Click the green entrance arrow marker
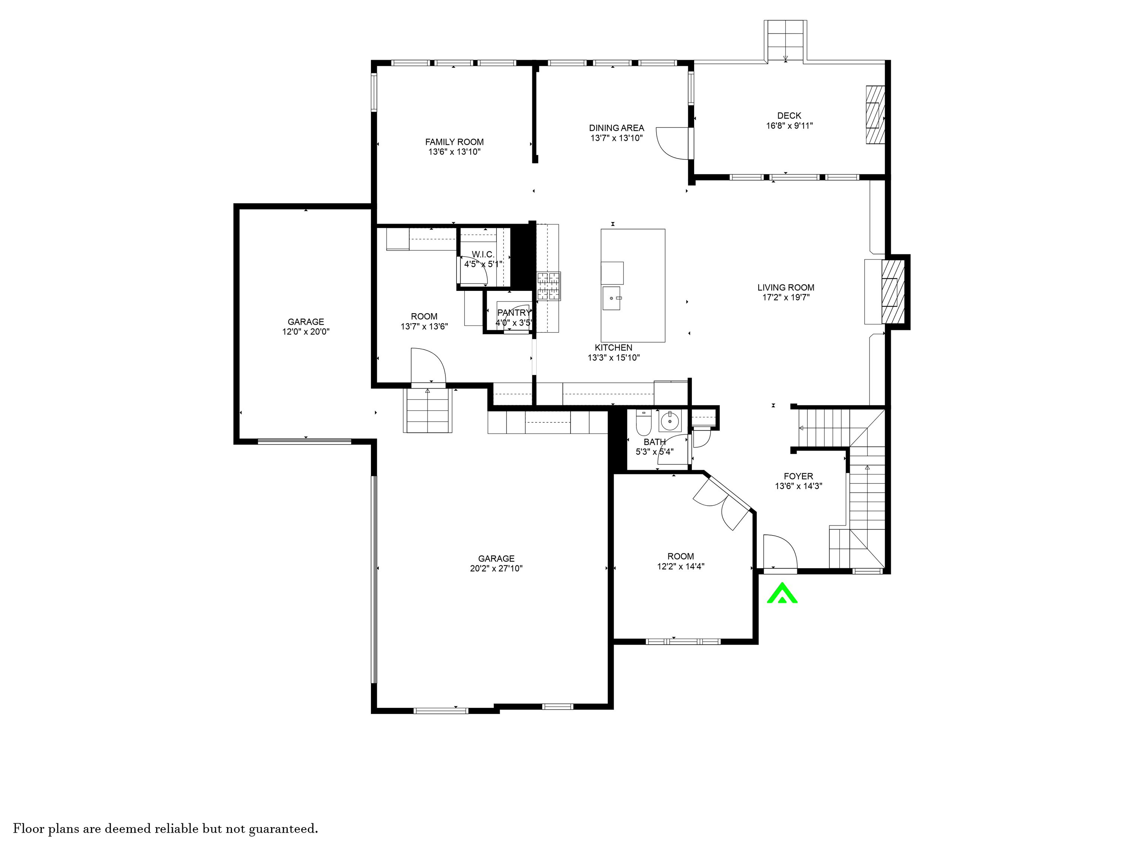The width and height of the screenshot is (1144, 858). pyautogui.click(x=782, y=593)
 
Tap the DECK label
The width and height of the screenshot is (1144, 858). pyautogui.click(x=789, y=116)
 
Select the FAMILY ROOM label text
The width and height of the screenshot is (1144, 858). pyautogui.click(x=455, y=142)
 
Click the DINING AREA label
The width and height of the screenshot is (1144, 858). pyautogui.click(x=616, y=128)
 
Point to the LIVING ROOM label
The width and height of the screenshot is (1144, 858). pyautogui.click(x=786, y=287)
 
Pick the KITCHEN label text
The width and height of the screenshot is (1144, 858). pyautogui.click(x=613, y=347)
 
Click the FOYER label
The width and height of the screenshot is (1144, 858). pyautogui.click(x=798, y=476)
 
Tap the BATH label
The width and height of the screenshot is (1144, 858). pyautogui.click(x=655, y=442)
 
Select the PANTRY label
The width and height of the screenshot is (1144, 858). pyautogui.click(x=514, y=313)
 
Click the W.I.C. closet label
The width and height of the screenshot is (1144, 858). pyautogui.click(x=483, y=254)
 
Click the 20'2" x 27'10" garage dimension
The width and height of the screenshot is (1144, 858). pyautogui.click(x=496, y=568)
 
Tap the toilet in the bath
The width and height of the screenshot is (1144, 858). pyautogui.click(x=644, y=423)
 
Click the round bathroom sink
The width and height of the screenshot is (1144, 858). pyautogui.click(x=670, y=421)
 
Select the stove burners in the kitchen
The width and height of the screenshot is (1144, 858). pyautogui.click(x=548, y=286)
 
